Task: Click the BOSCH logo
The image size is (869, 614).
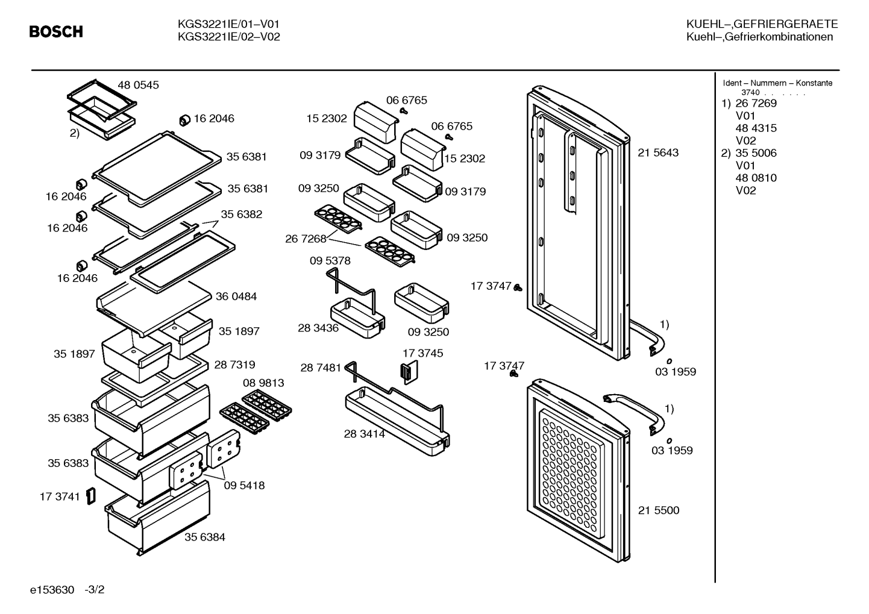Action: click(x=56, y=31)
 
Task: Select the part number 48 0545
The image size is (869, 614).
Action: click(x=138, y=85)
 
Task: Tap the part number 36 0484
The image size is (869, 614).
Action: click(x=236, y=296)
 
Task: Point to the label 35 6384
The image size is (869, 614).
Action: click(x=204, y=537)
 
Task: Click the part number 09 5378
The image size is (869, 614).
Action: click(x=330, y=261)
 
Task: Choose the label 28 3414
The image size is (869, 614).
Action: click(x=364, y=434)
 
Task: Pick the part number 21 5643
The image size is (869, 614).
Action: click(x=658, y=152)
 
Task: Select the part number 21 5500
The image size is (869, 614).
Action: click(x=659, y=510)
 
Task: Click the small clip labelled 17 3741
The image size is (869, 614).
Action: click(x=91, y=496)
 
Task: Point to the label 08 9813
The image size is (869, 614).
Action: click(x=263, y=383)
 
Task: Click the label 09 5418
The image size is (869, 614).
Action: click(x=244, y=485)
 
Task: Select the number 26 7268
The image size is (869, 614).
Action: click(x=306, y=239)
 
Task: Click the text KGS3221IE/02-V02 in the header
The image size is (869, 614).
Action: click(x=228, y=37)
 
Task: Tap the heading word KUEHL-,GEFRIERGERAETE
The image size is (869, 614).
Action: click(x=762, y=24)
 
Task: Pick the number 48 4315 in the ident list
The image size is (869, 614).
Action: click(x=756, y=128)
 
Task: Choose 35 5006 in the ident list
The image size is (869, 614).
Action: click(x=756, y=153)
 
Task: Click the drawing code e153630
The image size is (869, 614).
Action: click(x=52, y=590)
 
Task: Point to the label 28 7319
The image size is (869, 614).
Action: click(x=234, y=365)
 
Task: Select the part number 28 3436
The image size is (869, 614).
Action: click(x=318, y=328)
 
